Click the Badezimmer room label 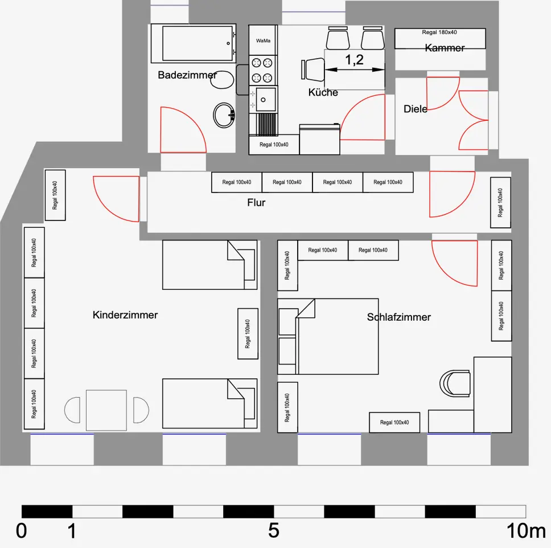click(x=187, y=75)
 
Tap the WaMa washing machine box click(x=263, y=41)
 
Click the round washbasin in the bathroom click(x=224, y=115)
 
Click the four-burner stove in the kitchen click(x=263, y=71)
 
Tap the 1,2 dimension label click(x=354, y=60)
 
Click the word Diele click(x=416, y=109)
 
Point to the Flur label click(x=256, y=202)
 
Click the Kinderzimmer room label click(x=125, y=315)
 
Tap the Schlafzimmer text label click(x=399, y=317)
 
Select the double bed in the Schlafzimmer click(x=328, y=336)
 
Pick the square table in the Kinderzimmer click(x=106, y=410)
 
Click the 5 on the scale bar click(x=274, y=531)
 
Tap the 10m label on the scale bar click(x=526, y=531)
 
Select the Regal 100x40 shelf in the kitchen click(x=274, y=145)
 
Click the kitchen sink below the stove click(x=265, y=100)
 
